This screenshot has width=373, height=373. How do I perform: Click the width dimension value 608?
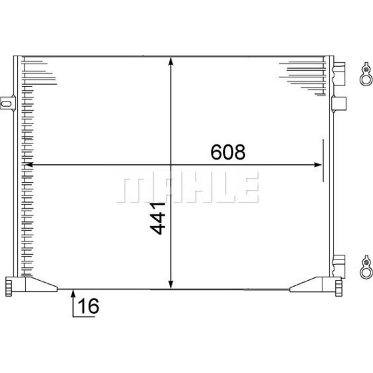pos(228,152)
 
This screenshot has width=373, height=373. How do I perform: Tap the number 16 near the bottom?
pos(89,306)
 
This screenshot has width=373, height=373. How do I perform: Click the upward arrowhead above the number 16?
pos(73,293)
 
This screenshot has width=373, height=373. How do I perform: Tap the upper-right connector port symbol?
pos(366,75)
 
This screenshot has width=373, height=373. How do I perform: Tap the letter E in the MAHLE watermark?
pos(247,186)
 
